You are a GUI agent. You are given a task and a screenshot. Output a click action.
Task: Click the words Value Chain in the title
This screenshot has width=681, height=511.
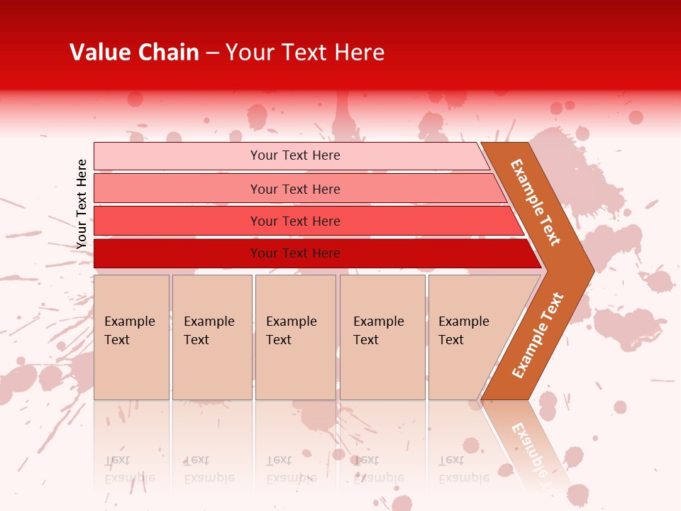click(x=134, y=53)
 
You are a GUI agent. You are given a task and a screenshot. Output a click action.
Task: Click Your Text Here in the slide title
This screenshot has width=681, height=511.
click(x=305, y=53)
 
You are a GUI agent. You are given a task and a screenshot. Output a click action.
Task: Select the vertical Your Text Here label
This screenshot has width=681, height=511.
click(x=82, y=204)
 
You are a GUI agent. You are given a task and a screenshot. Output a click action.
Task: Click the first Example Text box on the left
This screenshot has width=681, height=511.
click(x=131, y=337)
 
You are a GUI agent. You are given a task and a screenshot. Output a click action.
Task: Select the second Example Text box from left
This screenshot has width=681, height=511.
click(x=212, y=337)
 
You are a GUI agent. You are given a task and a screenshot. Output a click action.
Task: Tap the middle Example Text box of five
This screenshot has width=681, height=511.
click(x=295, y=337)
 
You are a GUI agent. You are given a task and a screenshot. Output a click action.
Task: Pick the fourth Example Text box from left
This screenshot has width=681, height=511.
click(x=382, y=337)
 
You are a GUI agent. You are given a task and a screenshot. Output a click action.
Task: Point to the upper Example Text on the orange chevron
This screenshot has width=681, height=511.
click(x=536, y=202)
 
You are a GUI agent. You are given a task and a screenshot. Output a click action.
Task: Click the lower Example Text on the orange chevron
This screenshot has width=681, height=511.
click(x=538, y=335)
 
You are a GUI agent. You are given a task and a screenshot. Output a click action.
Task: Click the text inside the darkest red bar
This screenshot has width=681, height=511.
click(x=295, y=253)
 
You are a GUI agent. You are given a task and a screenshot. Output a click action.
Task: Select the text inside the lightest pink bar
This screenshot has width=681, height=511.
click(x=295, y=155)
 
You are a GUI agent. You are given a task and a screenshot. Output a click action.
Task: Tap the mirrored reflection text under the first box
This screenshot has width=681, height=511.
click(x=129, y=469)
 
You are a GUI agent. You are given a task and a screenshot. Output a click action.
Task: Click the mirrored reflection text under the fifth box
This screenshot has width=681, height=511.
click(x=463, y=469)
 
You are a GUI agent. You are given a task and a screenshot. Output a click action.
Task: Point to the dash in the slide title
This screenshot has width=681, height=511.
click(x=212, y=53)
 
